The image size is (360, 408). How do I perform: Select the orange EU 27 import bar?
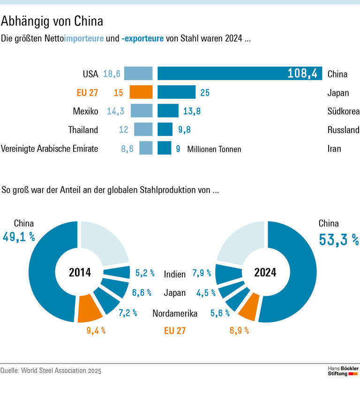click(x=141, y=92)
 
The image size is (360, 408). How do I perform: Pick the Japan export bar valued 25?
click(x=176, y=92)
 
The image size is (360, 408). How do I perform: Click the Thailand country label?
click(x=83, y=130)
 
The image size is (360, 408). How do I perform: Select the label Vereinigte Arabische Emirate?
click(x=50, y=149)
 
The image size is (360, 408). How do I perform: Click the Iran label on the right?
click(x=334, y=149)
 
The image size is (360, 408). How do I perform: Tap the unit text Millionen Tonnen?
click(x=214, y=149)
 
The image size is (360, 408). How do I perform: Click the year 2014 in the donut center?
click(x=80, y=272)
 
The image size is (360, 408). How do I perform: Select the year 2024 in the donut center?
click(x=265, y=272)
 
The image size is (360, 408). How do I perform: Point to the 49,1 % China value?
click(x=19, y=237)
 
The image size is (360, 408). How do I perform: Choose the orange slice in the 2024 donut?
click(x=248, y=306)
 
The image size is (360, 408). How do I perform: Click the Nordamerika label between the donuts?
click(x=175, y=313)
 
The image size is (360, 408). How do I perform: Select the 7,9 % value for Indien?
click(x=202, y=273)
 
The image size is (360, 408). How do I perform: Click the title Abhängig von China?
click(x=52, y=21)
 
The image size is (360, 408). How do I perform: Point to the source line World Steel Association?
click(x=51, y=371)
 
